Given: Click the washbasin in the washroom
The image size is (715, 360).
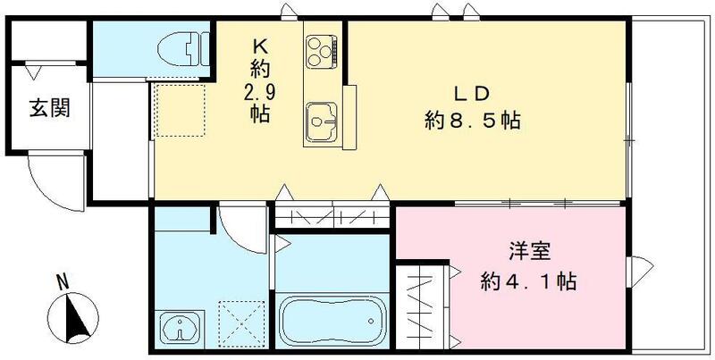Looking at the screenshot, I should pyautogui.click(x=181, y=327).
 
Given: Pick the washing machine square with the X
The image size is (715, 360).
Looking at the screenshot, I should pyautogui.click(x=237, y=322).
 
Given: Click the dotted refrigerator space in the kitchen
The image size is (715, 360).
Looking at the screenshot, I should pyautogui.click(x=180, y=109).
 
